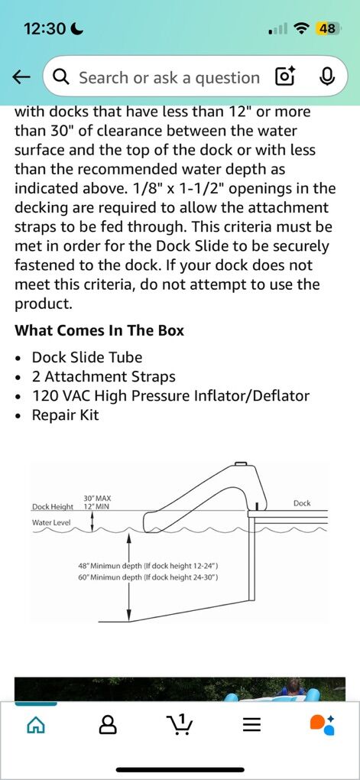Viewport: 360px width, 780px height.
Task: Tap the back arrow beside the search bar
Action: [x=21, y=77]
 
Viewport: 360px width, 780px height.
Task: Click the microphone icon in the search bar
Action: [x=326, y=77]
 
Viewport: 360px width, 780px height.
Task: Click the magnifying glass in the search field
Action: [x=62, y=77]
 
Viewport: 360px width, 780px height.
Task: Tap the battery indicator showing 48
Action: [x=327, y=29]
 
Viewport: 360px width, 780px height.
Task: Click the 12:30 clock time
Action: [x=44, y=29]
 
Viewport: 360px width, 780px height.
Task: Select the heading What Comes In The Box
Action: [x=99, y=330]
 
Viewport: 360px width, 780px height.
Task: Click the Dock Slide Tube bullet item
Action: [x=87, y=357]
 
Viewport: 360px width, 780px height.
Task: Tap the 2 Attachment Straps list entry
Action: [x=103, y=376]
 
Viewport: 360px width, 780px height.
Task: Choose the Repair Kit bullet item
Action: [x=65, y=415]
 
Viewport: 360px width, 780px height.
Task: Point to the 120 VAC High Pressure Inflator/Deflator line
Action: [x=170, y=396]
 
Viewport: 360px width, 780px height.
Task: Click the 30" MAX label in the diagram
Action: [x=98, y=498]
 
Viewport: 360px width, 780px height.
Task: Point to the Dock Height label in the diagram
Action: [x=53, y=507]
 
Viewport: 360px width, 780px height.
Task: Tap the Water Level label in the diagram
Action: [x=51, y=523]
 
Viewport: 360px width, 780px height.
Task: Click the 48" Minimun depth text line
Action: [x=149, y=566]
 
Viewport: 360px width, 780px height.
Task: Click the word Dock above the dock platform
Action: [x=302, y=503]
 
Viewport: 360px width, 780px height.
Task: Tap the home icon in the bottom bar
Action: [x=35, y=726]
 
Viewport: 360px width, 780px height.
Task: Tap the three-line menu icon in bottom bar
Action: [x=251, y=726]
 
